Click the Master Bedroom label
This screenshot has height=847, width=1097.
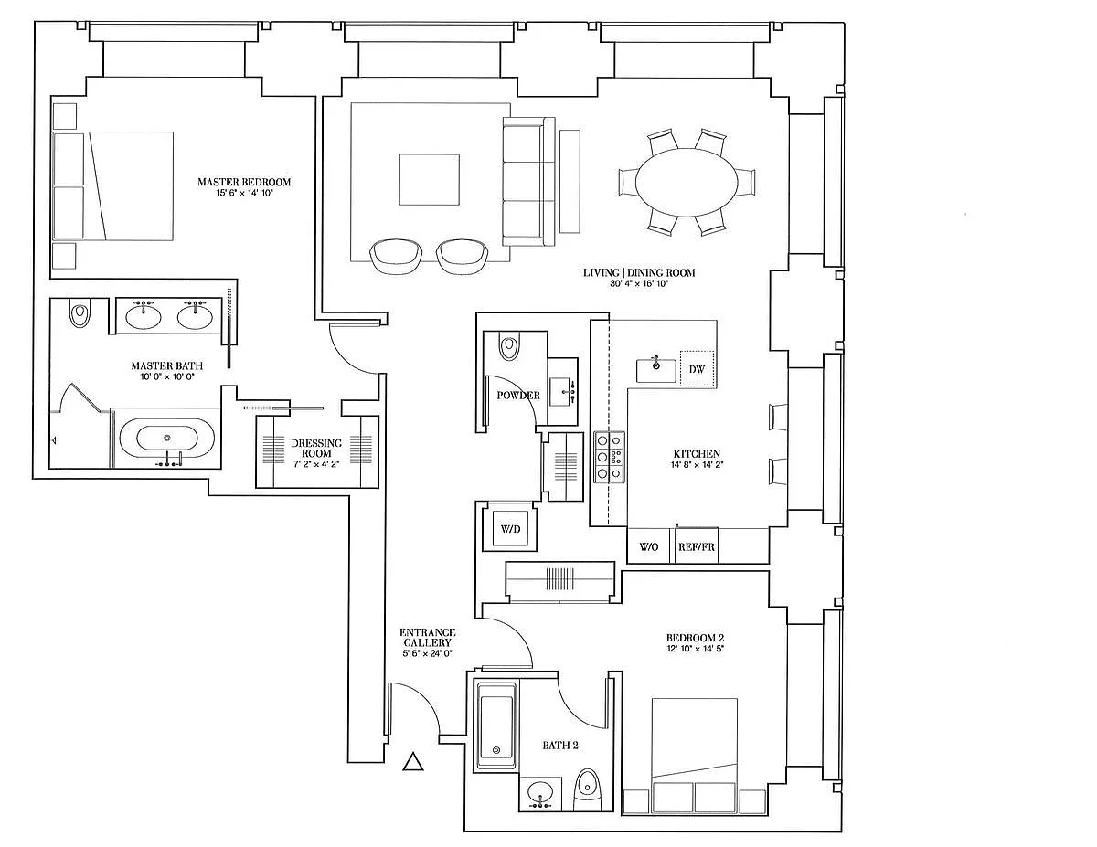point(244,182)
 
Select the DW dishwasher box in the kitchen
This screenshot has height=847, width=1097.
point(697,369)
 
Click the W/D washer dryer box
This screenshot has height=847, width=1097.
point(510,529)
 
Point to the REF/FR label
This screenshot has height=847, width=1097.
point(697,546)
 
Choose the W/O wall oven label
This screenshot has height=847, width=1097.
point(649,546)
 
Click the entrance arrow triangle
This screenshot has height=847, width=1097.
point(412,762)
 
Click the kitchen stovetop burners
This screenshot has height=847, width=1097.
point(609,457)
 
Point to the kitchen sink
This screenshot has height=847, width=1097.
point(655,371)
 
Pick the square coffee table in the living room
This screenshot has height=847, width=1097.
point(429,180)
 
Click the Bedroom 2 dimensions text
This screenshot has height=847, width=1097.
point(695,649)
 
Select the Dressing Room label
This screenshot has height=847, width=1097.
point(316,448)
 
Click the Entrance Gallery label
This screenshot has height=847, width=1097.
point(428,637)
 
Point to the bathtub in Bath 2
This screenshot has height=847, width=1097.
point(496,727)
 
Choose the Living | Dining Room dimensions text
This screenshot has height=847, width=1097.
point(639,283)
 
